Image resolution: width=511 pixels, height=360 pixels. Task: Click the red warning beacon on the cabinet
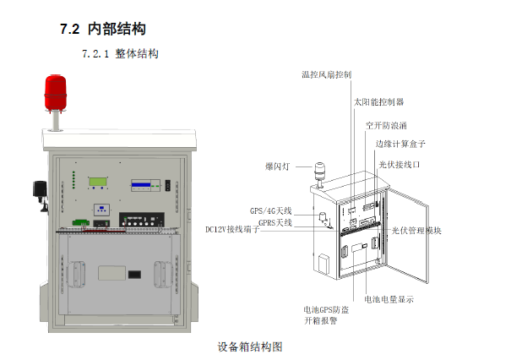pos(56,93)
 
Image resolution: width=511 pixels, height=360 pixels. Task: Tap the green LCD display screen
pos(98,182)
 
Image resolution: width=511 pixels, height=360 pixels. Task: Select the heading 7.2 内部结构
pos(103,29)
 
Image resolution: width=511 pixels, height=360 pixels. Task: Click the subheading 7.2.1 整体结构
pos(120,54)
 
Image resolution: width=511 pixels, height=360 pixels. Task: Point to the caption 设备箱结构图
pos(250,346)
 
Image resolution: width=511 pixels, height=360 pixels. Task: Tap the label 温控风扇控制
pos(327,74)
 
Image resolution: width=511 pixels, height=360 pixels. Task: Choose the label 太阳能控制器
pos(379,102)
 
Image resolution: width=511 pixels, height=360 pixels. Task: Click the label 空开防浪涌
pos(386,126)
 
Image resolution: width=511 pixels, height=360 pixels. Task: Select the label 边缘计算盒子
pos(400,144)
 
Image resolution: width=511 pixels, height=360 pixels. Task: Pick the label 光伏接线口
pos(400,165)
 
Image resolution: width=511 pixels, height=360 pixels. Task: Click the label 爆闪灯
pos(277,166)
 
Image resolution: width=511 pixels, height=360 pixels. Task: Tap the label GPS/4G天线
pos(271,211)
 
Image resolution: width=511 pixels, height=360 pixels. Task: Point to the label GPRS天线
pos(275,223)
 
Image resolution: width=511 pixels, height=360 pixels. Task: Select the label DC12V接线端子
pos(232,230)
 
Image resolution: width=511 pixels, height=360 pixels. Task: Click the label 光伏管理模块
pos(416,231)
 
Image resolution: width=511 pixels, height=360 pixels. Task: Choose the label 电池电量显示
pos(389,299)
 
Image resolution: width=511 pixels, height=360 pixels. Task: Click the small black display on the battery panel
pos(134,275)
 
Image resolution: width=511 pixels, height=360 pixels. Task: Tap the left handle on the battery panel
pos(76,275)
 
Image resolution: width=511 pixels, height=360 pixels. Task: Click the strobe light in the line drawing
pos(320,174)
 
